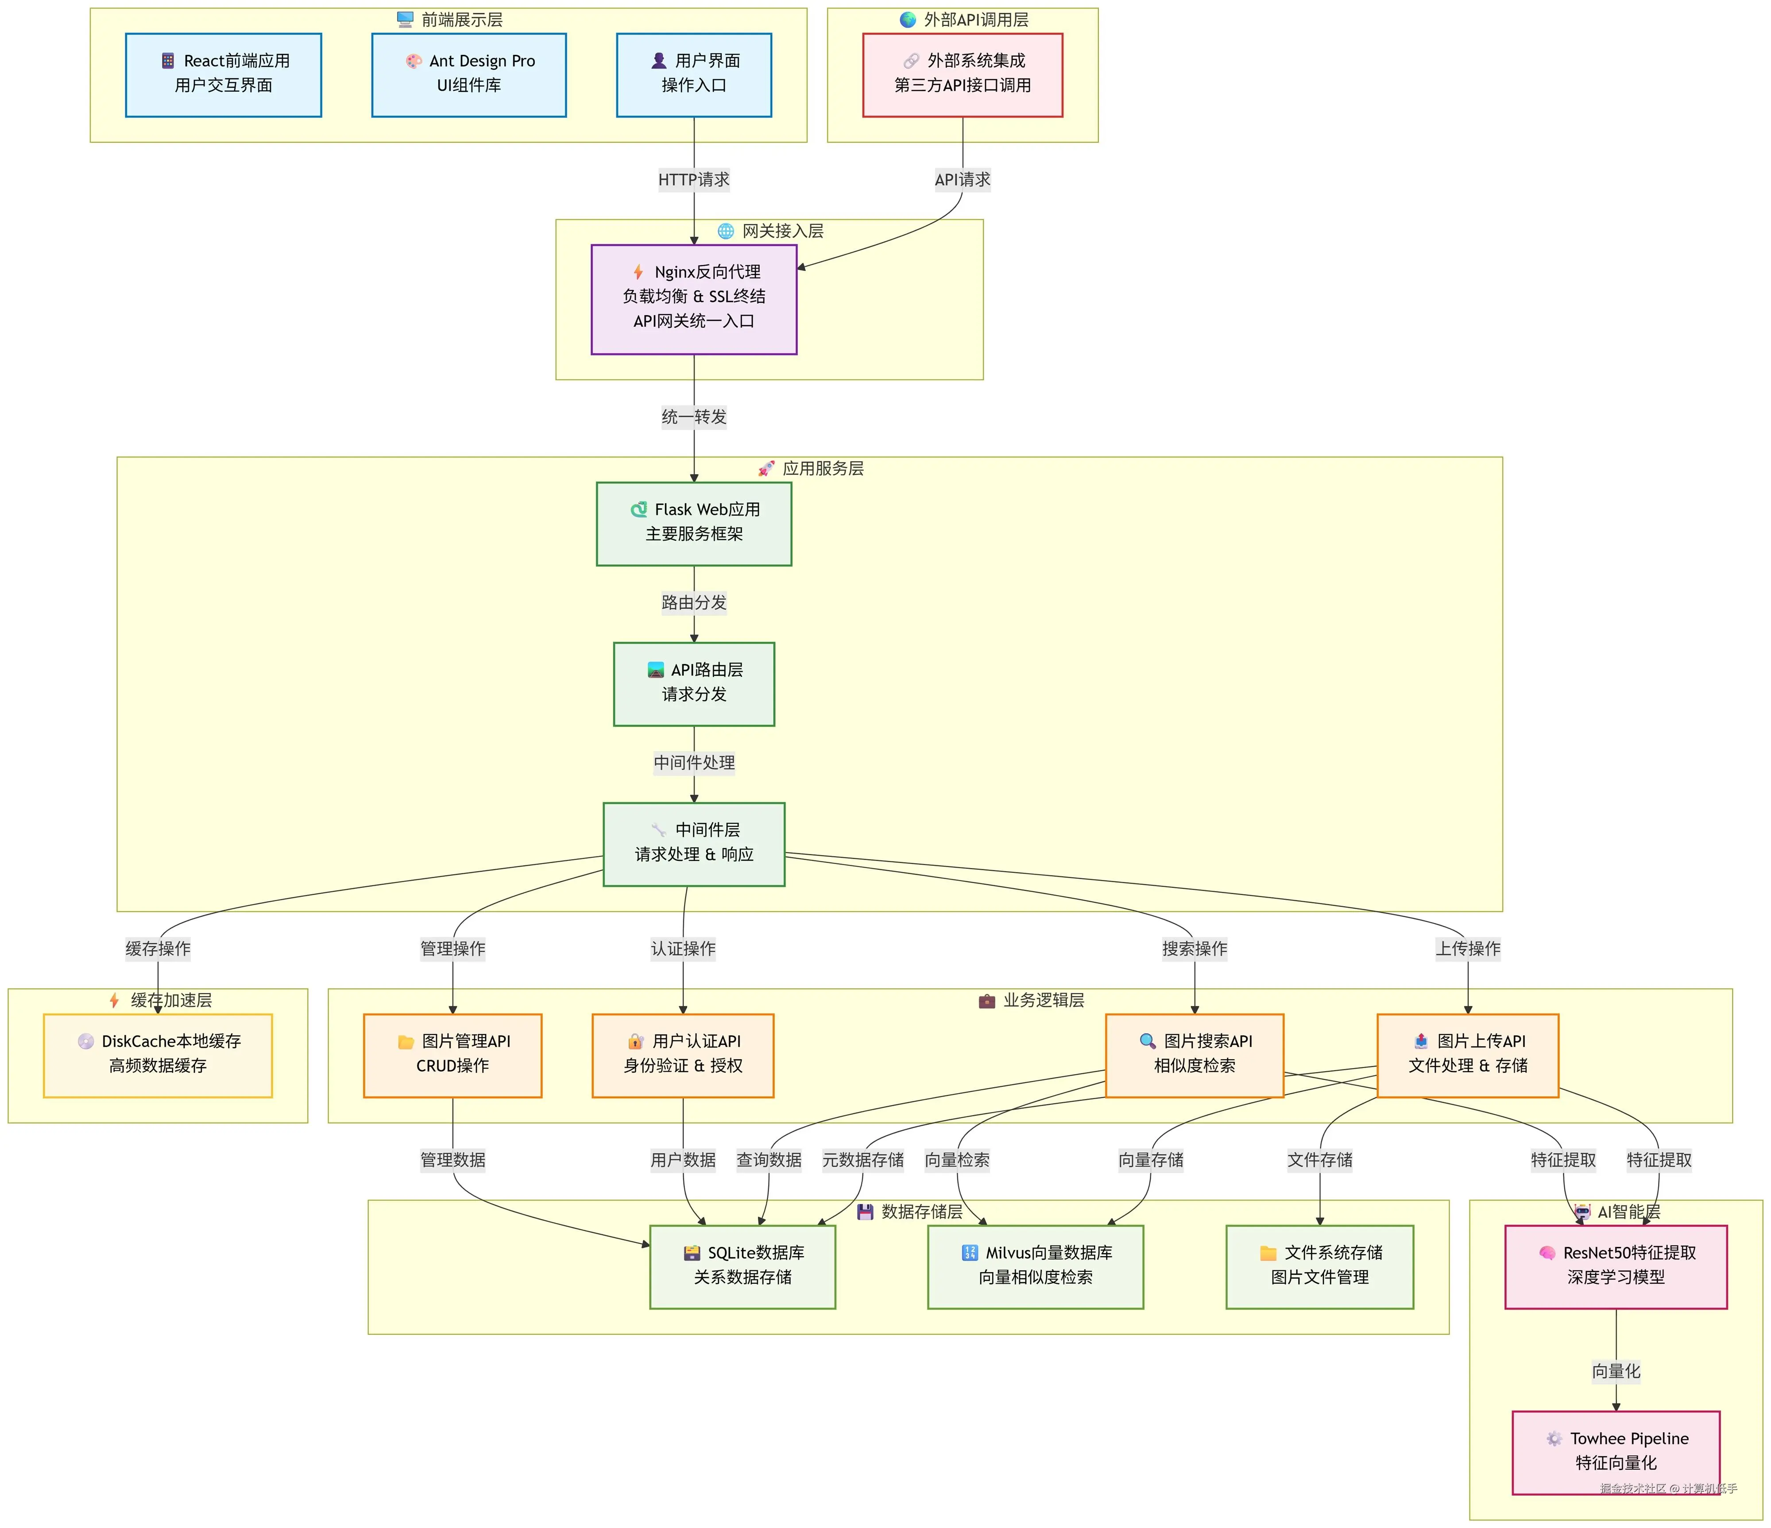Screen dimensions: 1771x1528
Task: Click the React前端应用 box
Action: (x=223, y=75)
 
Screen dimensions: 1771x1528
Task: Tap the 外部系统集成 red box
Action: (x=963, y=75)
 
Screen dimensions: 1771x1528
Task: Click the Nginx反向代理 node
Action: (x=694, y=299)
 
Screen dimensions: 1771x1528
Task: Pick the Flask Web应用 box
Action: (x=694, y=524)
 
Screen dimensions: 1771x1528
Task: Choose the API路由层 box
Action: (x=694, y=684)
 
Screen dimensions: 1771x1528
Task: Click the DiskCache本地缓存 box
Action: (x=158, y=1055)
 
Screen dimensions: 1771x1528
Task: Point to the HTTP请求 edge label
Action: (x=694, y=179)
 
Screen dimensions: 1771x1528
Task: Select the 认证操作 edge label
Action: (x=683, y=949)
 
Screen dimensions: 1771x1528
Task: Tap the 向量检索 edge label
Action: (x=957, y=1160)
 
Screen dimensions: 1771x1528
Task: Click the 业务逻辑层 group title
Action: (x=1043, y=1000)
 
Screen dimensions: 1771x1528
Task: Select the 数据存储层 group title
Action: (x=921, y=1212)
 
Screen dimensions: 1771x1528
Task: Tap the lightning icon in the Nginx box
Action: (x=638, y=272)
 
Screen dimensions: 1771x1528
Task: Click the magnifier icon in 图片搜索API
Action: (x=1147, y=1041)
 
